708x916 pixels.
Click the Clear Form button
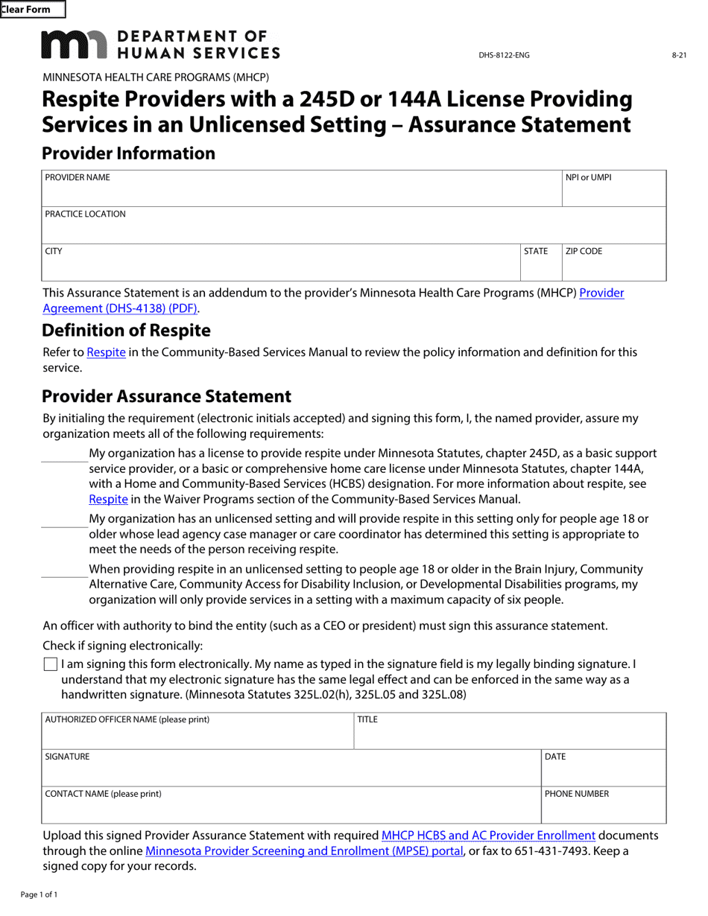coord(32,10)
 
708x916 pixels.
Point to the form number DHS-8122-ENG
coord(504,55)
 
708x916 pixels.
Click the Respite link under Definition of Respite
coord(106,352)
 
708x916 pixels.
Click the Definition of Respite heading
coord(126,330)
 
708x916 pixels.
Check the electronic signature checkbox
coord(50,664)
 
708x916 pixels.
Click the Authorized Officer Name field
coord(197,731)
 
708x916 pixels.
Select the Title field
coord(510,731)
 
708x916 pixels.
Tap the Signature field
coord(291,769)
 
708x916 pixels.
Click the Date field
coord(603,769)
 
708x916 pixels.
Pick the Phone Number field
coord(603,806)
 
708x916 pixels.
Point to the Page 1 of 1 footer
coord(39,894)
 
